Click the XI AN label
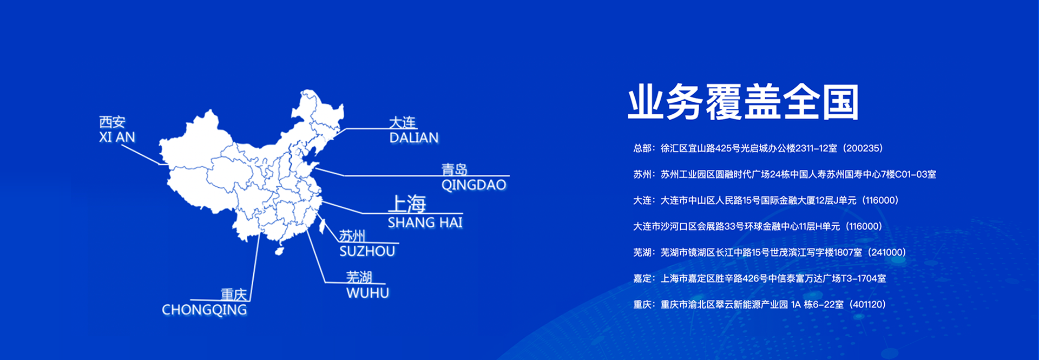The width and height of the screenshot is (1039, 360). point(117,138)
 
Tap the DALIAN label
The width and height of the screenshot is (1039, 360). point(414,138)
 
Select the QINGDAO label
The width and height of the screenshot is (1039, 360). point(474,185)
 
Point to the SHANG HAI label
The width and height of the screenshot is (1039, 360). point(425,222)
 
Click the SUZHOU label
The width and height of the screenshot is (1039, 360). point(367,251)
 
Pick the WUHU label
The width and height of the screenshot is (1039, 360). point(368,293)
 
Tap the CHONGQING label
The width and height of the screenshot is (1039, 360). point(205,310)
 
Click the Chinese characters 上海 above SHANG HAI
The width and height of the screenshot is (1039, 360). point(407,204)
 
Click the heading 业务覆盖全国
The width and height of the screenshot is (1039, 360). point(744,102)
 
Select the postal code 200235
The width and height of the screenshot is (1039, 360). point(863,148)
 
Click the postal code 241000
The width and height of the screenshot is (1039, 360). point(886,252)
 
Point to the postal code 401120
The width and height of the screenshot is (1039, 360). point(867,305)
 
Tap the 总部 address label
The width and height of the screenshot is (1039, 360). point(642,148)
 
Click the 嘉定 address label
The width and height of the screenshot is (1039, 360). point(642,279)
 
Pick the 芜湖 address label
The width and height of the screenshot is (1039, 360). point(642,252)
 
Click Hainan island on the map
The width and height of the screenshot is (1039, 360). point(279,251)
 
